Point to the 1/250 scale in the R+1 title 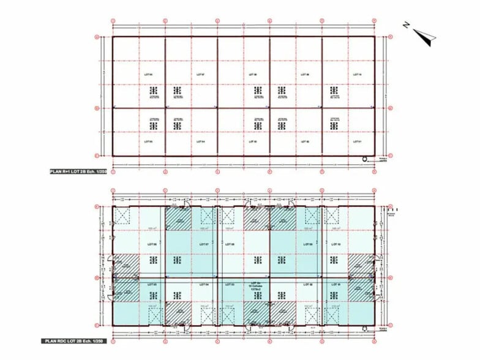pyautogui.click(x=100, y=173)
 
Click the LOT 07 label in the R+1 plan pyautogui.click(x=200, y=75)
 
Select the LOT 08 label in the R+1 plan pyautogui.click(x=252, y=75)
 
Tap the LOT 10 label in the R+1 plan pyautogui.click(x=358, y=75)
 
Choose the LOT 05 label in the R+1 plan pyautogui.click(x=148, y=141)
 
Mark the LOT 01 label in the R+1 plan pyautogui.click(x=358, y=141)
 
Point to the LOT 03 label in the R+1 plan pyautogui.click(x=252, y=141)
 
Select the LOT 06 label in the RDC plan pyautogui.click(x=152, y=244)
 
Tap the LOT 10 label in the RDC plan pyautogui.click(x=336, y=244)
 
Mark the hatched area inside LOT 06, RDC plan pyautogui.click(x=126, y=264)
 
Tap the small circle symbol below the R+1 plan pyautogui.click(x=365, y=159)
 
